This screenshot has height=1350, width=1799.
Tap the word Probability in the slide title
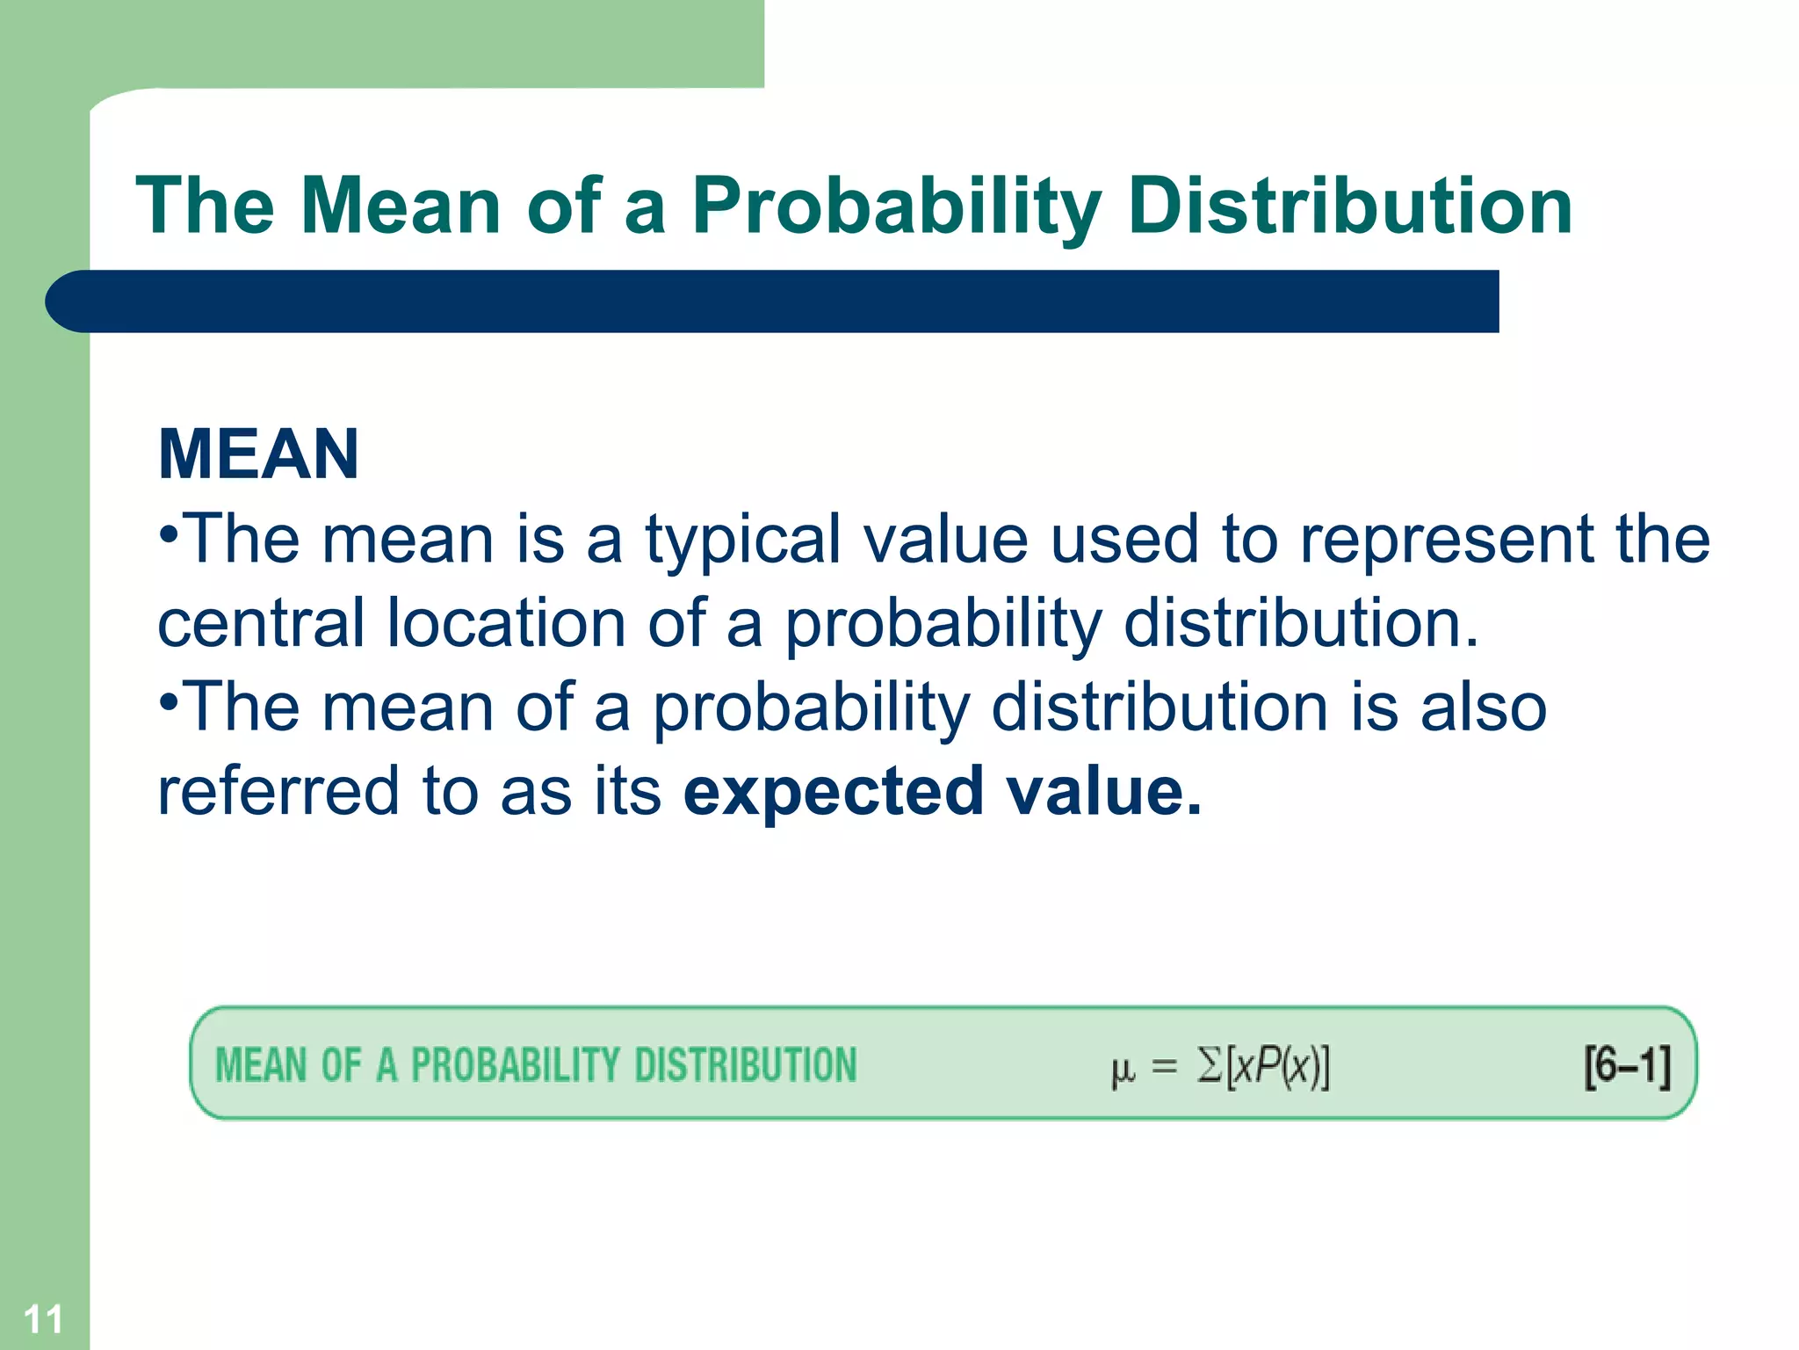point(896,207)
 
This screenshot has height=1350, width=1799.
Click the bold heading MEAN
point(258,454)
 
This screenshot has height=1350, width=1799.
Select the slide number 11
point(42,1319)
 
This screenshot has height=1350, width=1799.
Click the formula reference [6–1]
point(1627,1066)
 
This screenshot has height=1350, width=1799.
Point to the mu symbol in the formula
point(1123,1069)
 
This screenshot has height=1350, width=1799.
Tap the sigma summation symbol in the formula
point(1210,1066)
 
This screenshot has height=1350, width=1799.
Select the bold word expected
point(833,791)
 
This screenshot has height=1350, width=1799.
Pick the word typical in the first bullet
point(742,540)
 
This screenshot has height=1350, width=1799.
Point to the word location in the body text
point(506,622)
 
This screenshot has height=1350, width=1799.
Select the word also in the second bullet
point(1484,707)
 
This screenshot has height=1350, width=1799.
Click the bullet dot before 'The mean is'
point(170,533)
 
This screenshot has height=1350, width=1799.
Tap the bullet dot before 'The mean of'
point(170,701)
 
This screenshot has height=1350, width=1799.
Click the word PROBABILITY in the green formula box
point(515,1065)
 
